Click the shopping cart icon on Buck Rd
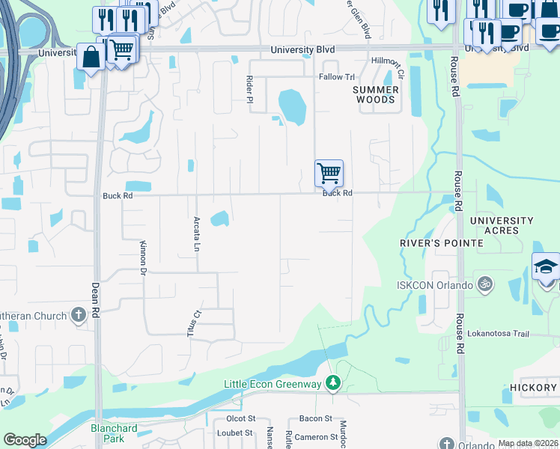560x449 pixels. (x=329, y=173)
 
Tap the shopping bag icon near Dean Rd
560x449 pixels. (x=91, y=57)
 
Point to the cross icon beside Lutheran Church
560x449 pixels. (x=79, y=316)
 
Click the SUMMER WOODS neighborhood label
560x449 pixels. (x=376, y=94)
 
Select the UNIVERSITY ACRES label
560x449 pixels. (x=502, y=225)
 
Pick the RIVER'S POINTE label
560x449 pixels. (x=429, y=242)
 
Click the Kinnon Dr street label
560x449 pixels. (x=141, y=257)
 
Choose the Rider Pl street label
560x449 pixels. (x=250, y=88)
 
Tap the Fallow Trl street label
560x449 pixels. (x=336, y=77)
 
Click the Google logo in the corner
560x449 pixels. (x=25, y=440)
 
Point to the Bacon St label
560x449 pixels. (x=317, y=418)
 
